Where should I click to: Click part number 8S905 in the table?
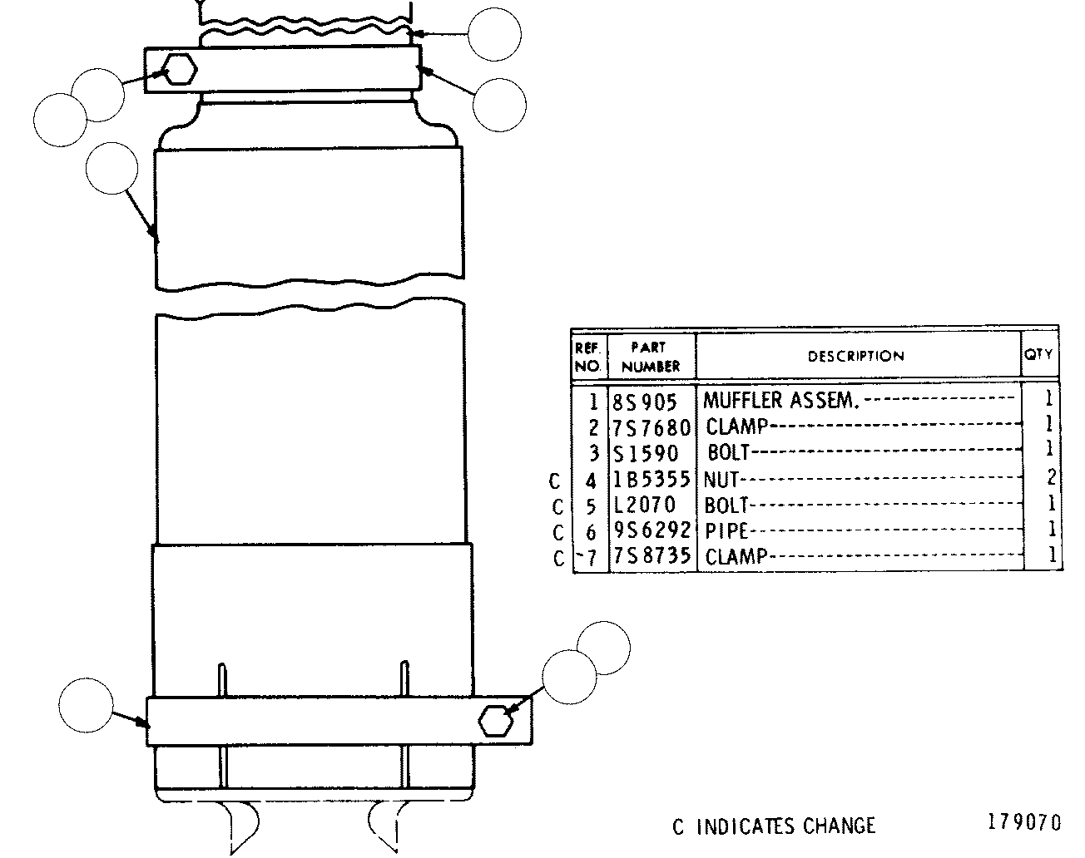click(644, 402)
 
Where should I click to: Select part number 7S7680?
click(651, 428)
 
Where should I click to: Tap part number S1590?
click(646, 453)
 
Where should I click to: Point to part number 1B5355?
click(651, 479)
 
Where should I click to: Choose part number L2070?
click(644, 505)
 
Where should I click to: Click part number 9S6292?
click(651, 530)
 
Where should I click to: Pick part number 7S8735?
click(651, 555)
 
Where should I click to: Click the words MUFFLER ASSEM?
click(780, 401)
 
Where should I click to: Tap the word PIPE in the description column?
click(726, 531)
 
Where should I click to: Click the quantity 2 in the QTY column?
click(1051, 476)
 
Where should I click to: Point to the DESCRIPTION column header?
click(855, 356)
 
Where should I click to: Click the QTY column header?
click(1038, 354)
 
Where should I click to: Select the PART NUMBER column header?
click(651, 357)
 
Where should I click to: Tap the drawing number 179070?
click(1024, 822)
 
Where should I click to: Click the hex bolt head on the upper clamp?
click(180, 69)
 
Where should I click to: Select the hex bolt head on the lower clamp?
click(496, 722)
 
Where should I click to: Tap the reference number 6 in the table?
click(591, 532)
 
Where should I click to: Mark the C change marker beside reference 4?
click(555, 481)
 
